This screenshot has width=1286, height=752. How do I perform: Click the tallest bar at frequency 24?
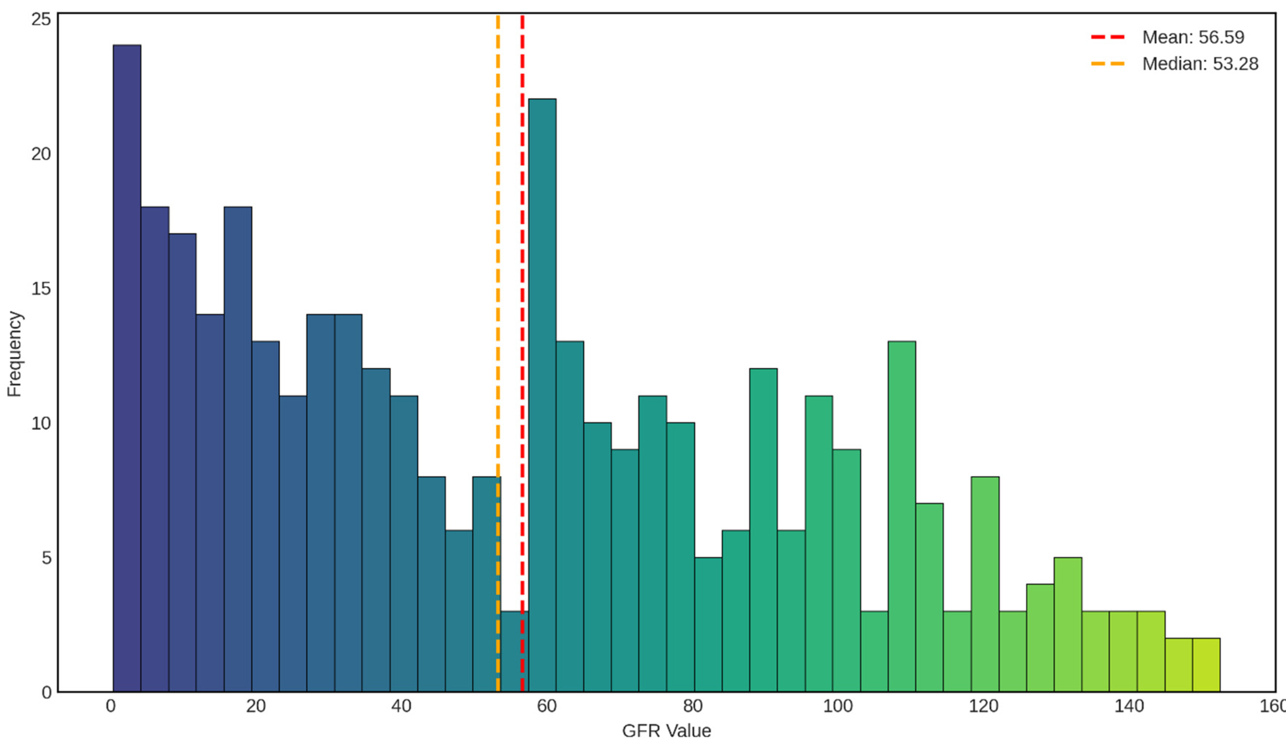pyautogui.click(x=126, y=368)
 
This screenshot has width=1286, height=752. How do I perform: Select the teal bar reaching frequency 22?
pyautogui.click(x=542, y=395)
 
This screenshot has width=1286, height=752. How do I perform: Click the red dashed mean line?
pyautogui.click(x=522, y=306)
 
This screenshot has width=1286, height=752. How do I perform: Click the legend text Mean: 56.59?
pyautogui.click(x=1193, y=37)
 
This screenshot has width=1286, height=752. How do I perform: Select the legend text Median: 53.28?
pyautogui.click(x=1200, y=64)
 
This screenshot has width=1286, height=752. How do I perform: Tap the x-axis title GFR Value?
pyautogui.click(x=666, y=731)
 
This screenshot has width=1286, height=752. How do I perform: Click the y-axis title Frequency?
pyautogui.click(x=14, y=353)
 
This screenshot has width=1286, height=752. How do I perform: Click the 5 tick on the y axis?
pyautogui.click(x=46, y=558)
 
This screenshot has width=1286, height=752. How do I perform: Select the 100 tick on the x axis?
pyautogui.click(x=837, y=706)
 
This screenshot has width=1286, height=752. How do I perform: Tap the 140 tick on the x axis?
pyautogui.click(x=1129, y=706)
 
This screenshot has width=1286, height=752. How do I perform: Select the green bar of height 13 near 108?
pyautogui.click(x=901, y=516)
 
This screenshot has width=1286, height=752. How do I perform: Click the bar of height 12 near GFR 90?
pyautogui.click(x=763, y=530)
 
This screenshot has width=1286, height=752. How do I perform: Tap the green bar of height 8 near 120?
pyautogui.click(x=984, y=584)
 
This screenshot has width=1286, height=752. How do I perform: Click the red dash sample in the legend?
pyautogui.click(x=1107, y=37)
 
